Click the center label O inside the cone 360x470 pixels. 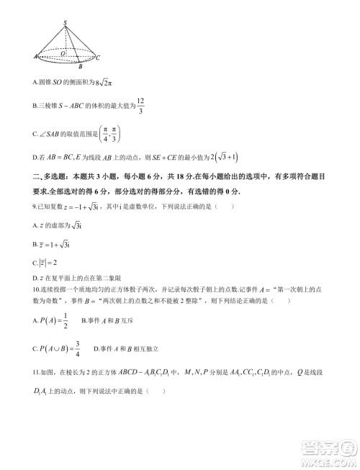pyautogui.click(x=63, y=53)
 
